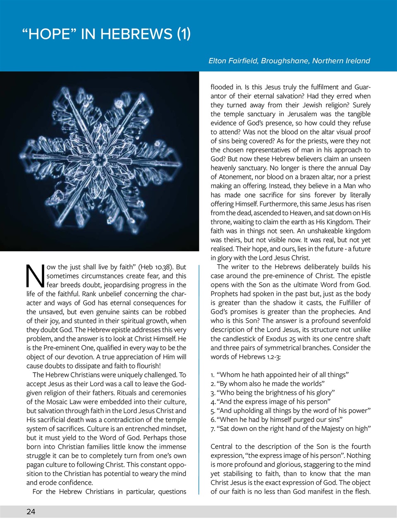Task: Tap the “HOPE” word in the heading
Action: pos(49,34)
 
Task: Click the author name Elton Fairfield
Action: pos(233,61)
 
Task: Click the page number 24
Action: pos(31,512)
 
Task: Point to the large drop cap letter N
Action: pos(35,276)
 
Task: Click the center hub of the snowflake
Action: pos(99,159)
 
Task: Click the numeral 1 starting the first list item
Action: pos(212,375)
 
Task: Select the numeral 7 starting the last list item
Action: pos(213,429)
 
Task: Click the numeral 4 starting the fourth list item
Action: pos(213,402)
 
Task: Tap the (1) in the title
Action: pos(184,34)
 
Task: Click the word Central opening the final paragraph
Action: pos(221,447)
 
